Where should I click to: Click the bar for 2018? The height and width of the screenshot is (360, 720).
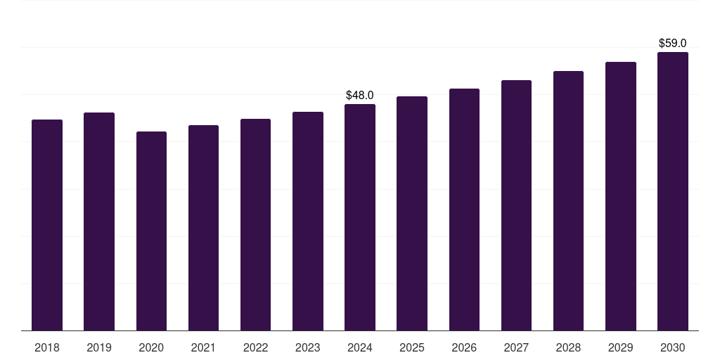(x=47, y=225)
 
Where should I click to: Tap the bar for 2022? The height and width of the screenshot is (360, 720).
(x=255, y=224)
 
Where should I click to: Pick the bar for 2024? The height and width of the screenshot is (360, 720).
(x=360, y=217)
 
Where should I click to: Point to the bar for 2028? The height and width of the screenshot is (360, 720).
(x=568, y=200)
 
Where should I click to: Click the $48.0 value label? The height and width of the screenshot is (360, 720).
(x=360, y=95)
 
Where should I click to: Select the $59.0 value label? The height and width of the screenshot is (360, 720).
(x=673, y=43)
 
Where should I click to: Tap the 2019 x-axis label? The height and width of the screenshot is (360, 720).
(x=99, y=347)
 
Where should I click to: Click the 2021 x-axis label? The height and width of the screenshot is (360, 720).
(x=203, y=347)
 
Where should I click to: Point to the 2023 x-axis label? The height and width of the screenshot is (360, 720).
(x=308, y=347)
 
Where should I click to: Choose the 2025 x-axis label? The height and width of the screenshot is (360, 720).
(x=412, y=347)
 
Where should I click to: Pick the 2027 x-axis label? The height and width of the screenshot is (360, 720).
(x=516, y=347)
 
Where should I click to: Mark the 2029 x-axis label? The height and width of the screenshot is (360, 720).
(x=621, y=347)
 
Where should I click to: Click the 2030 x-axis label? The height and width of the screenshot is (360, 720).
(x=673, y=347)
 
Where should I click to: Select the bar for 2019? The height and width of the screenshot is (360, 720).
(x=99, y=221)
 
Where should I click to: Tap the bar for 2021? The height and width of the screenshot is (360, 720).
(x=203, y=228)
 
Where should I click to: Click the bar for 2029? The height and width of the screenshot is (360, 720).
(x=621, y=196)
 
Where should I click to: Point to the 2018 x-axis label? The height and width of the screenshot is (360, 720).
(x=47, y=347)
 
